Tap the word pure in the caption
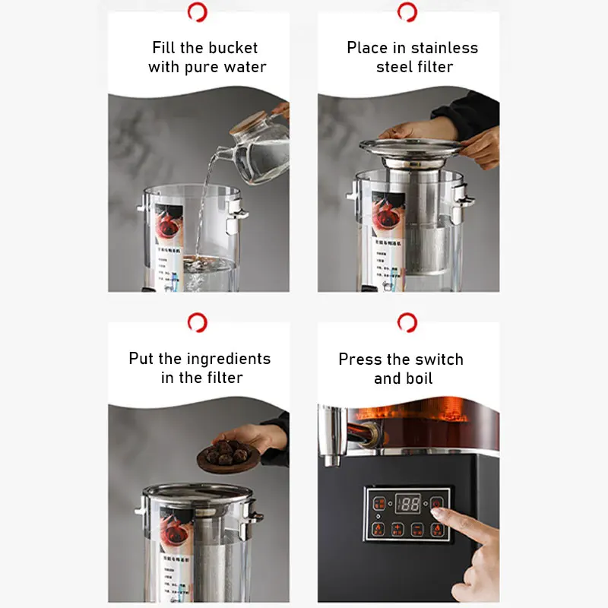tap(202, 67)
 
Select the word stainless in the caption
tap(445, 48)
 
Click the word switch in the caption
tap(437, 359)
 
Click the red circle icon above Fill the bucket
tap(198, 12)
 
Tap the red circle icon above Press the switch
tap(407, 322)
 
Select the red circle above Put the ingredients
tap(198, 322)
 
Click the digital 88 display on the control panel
tap(408, 503)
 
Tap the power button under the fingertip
tap(438, 503)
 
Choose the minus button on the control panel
tap(417, 529)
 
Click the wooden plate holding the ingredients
tap(228, 459)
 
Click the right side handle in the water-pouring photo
tap(237, 210)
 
